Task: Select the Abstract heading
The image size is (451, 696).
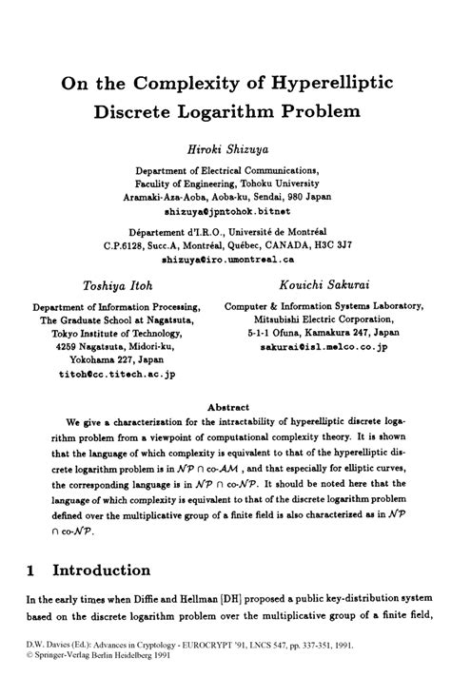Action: pos(225,403)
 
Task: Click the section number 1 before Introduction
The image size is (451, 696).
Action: pos(31,571)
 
